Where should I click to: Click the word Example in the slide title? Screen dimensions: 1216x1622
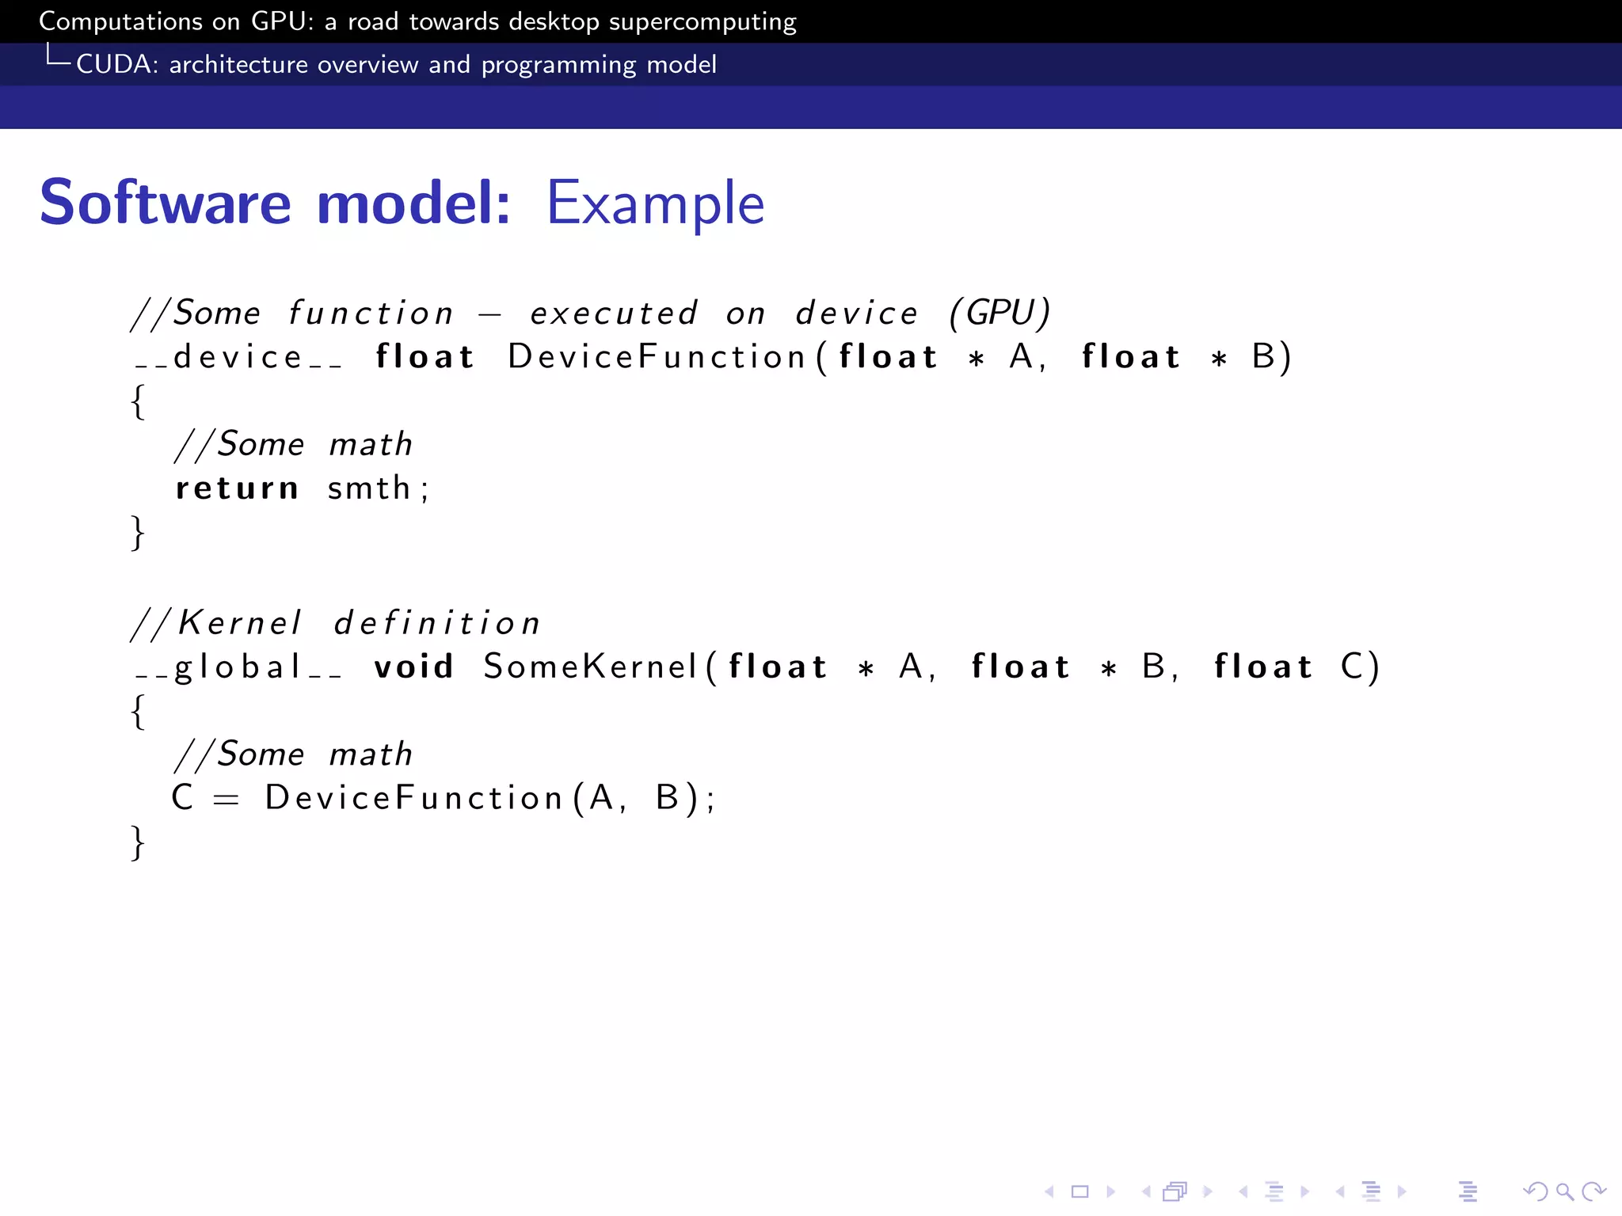point(655,203)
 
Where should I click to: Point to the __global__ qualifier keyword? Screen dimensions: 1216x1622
point(238,667)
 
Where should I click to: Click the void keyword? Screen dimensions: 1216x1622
point(413,667)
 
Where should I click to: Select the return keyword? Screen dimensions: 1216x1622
point(237,488)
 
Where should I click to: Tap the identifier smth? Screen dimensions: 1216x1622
point(368,488)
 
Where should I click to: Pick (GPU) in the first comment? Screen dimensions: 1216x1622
point(999,313)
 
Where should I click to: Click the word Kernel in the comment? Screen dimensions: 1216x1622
point(239,623)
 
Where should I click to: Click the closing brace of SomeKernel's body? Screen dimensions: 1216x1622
point(138,842)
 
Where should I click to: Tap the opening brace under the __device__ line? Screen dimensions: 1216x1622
point(138,401)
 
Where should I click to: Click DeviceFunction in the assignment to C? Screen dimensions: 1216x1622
point(413,797)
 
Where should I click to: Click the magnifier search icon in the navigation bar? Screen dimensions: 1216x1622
point(1564,1191)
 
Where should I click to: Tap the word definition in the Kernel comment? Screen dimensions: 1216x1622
point(436,623)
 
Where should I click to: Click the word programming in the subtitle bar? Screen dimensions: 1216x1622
point(558,65)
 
